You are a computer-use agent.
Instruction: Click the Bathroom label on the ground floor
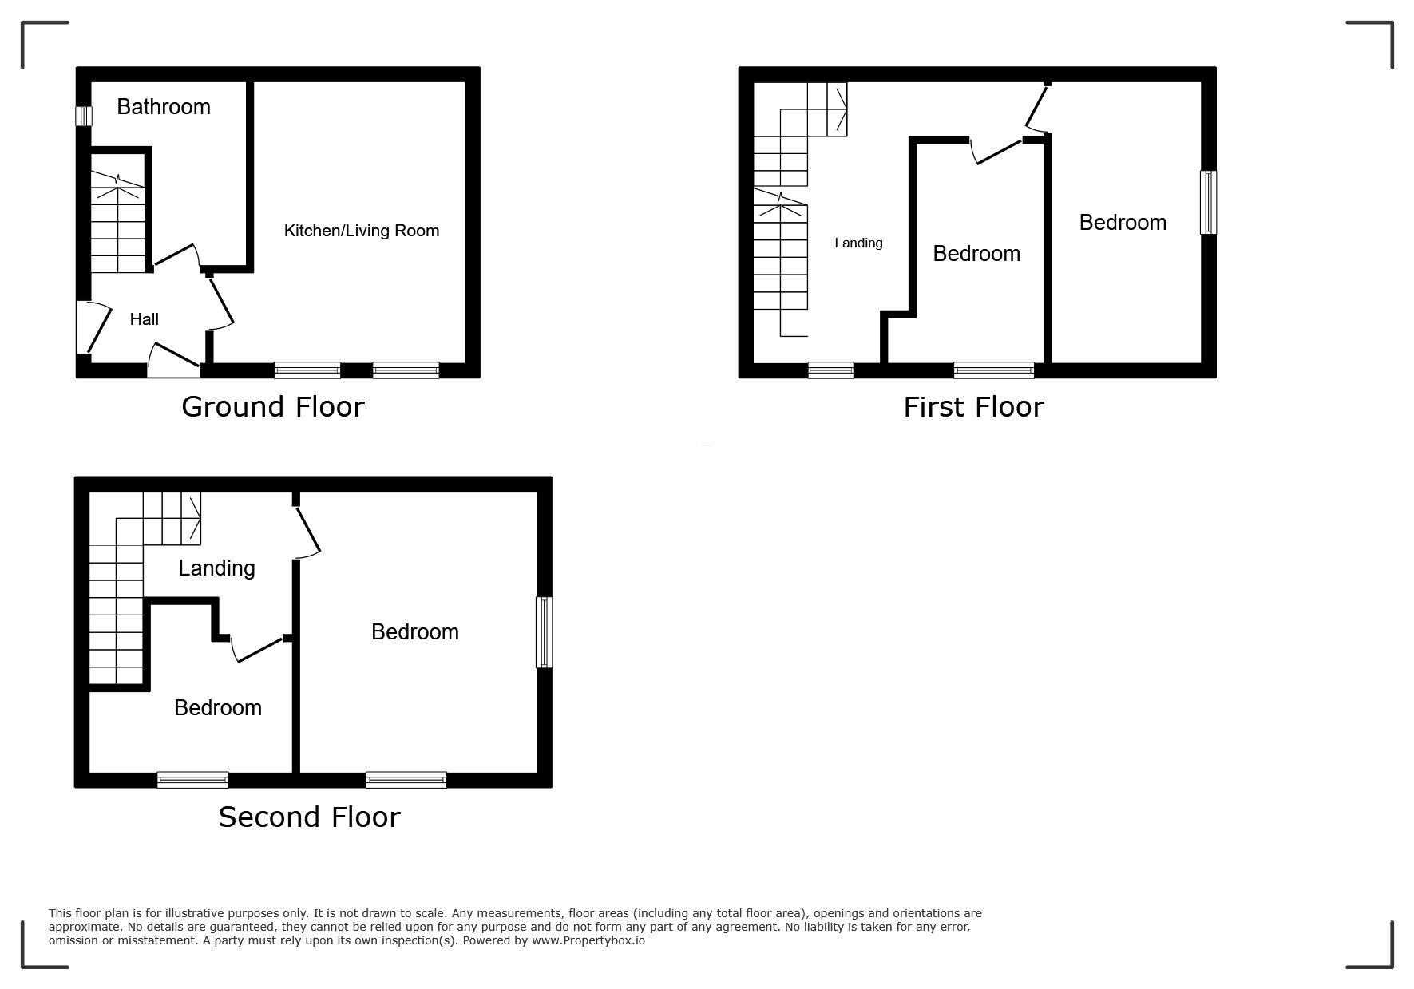[164, 107]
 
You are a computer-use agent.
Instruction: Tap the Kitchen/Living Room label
[362, 231]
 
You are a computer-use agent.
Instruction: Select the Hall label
[145, 319]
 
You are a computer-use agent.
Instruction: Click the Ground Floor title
[273, 407]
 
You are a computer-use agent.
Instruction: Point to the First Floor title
[973, 407]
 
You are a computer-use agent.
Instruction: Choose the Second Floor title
[309, 817]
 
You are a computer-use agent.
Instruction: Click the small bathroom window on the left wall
[84, 117]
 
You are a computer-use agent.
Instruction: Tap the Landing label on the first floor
[859, 243]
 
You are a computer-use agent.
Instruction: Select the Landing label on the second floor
[216, 568]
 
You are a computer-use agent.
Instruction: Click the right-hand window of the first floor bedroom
[1209, 202]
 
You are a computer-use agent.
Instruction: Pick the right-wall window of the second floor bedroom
[544, 632]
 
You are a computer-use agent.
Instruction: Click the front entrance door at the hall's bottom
[174, 360]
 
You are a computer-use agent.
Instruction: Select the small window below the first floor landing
[830, 370]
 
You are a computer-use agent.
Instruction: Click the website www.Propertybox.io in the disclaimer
[588, 940]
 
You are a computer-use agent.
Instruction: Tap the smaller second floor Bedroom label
[218, 708]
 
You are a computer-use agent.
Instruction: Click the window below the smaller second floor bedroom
[192, 780]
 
